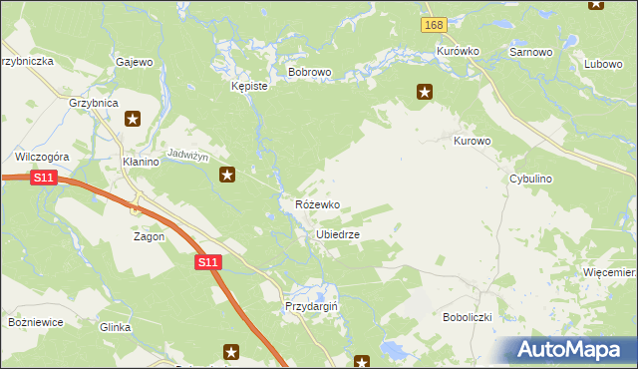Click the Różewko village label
click(317, 204)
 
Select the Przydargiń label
click(312, 307)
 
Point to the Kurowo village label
click(473, 142)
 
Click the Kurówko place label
click(459, 51)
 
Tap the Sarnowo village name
click(530, 51)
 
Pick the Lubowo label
click(603, 64)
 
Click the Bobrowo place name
click(309, 73)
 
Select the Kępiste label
click(249, 87)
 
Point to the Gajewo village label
click(135, 62)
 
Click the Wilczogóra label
click(41, 157)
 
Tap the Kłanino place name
click(141, 162)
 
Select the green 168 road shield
click(433, 25)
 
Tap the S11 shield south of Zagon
click(206, 262)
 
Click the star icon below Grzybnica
click(133, 120)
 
